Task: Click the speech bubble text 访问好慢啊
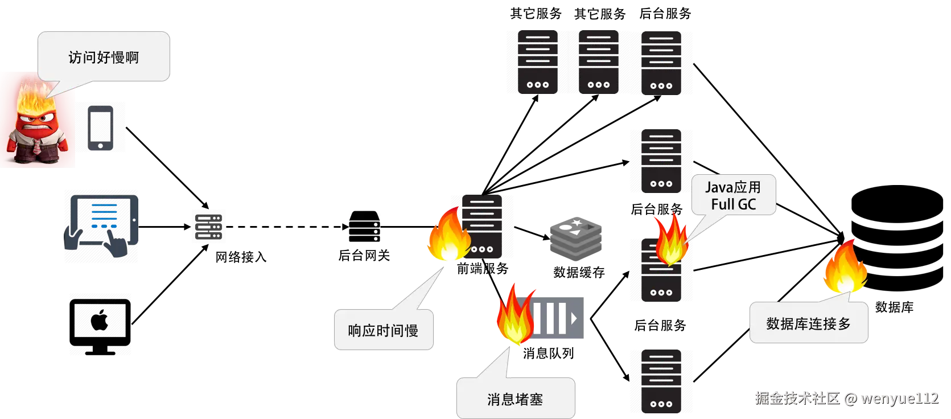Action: tap(104, 57)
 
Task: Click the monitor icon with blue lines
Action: tap(102, 224)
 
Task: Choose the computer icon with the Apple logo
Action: tap(100, 323)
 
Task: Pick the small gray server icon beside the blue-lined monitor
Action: tap(209, 227)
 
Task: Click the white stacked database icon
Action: tap(364, 228)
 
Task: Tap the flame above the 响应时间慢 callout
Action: tap(448, 235)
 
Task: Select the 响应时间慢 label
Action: tap(383, 331)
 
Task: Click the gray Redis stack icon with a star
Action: tap(575, 237)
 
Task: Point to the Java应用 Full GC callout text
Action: tap(733, 196)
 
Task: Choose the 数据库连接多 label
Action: tap(808, 324)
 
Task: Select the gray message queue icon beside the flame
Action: tap(561, 318)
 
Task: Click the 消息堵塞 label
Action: tap(515, 400)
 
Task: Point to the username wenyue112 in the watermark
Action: tap(899, 398)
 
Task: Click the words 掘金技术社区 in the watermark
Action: tap(797, 397)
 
